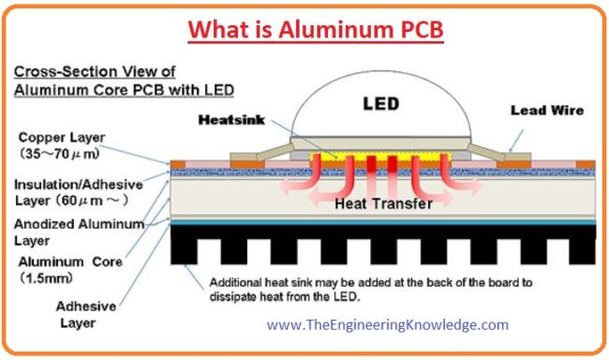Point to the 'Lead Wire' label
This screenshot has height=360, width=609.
pyautogui.click(x=547, y=110)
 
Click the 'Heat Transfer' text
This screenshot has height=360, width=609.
pyautogui.click(x=376, y=202)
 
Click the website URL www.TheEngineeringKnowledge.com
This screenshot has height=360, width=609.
pyautogui.click(x=387, y=324)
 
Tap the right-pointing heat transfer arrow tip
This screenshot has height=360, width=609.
pyautogui.click(x=480, y=187)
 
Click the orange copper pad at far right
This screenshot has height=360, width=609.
pyautogui.click(x=586, y=164)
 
